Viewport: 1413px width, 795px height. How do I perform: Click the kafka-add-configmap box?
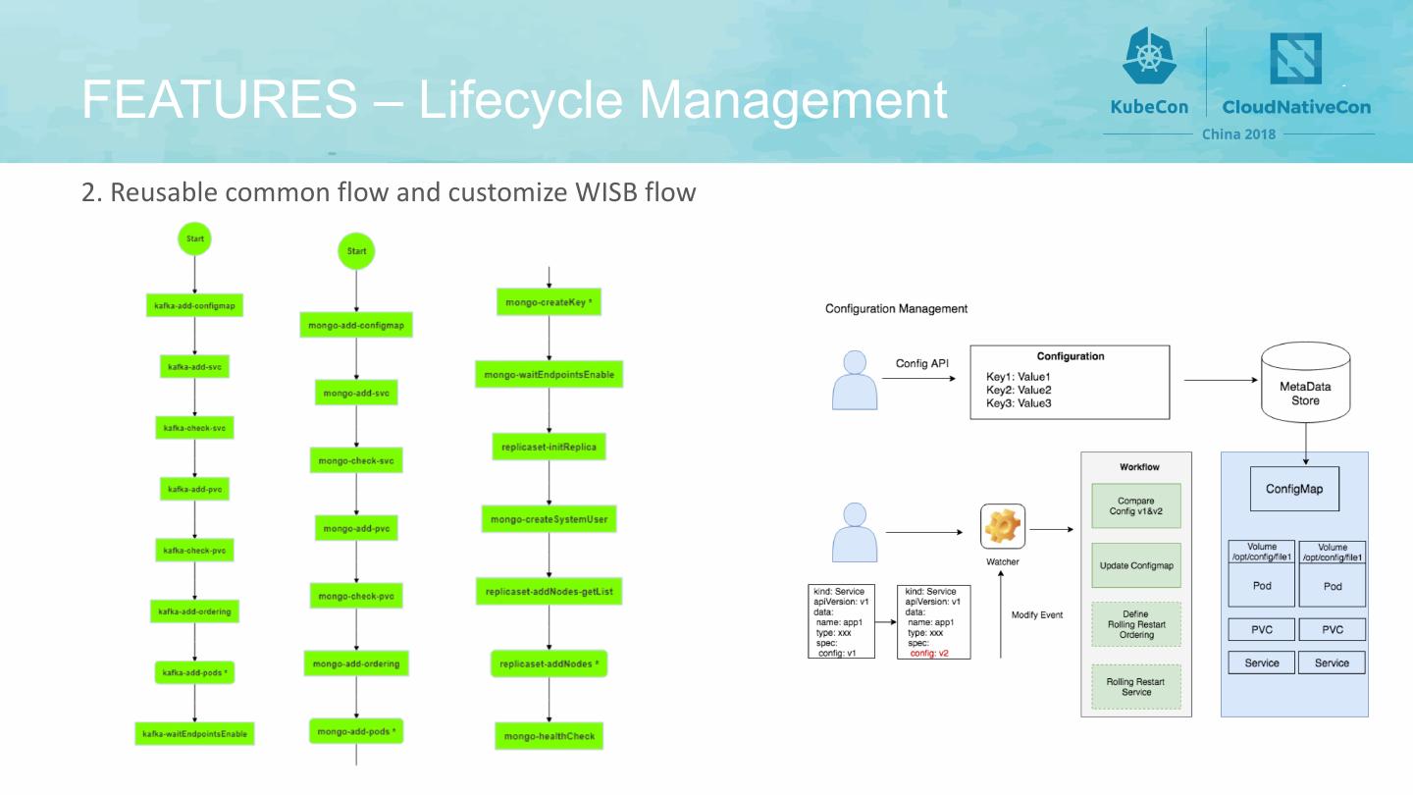pyautogui.click(x=194, y=305)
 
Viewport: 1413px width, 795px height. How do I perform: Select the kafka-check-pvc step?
pyautogui.click(x=195, y=551)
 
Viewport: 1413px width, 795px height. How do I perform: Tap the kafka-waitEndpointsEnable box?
pyautogui.click(x=194, y=733)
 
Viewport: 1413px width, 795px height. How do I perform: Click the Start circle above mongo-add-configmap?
pyautogui.click(x=356, y=251)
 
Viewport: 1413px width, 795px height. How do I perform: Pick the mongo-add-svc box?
pyautogui.click(x=356, y=394)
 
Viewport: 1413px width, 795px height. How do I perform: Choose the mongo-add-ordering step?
pyautogui.click(x=356, y=664)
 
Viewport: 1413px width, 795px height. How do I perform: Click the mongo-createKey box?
pyautogui.click(x=548, y=302)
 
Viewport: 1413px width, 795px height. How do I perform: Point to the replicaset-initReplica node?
pyautogui.click(x=548, y=447)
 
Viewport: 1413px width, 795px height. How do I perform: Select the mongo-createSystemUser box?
pyautogui.click(x=549, y=519)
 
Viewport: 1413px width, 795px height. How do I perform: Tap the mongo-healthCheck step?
pyautogui.click(x=549, y=736)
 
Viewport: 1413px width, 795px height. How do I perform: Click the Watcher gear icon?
pyautogui.click(x=1003, y=527)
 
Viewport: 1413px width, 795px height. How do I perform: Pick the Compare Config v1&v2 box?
pyautogui.click(x=1135, y=506)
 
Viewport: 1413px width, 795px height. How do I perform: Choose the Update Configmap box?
pyautogui.click(x=1135, y=565)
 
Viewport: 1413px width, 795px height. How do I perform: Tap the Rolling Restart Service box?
pyautogui.click(x=1135, y=686)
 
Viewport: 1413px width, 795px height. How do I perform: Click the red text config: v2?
pyautogui.click(x=928, y=653)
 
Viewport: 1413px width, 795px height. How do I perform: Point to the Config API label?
pyautogui.click(x=921, y=363)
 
